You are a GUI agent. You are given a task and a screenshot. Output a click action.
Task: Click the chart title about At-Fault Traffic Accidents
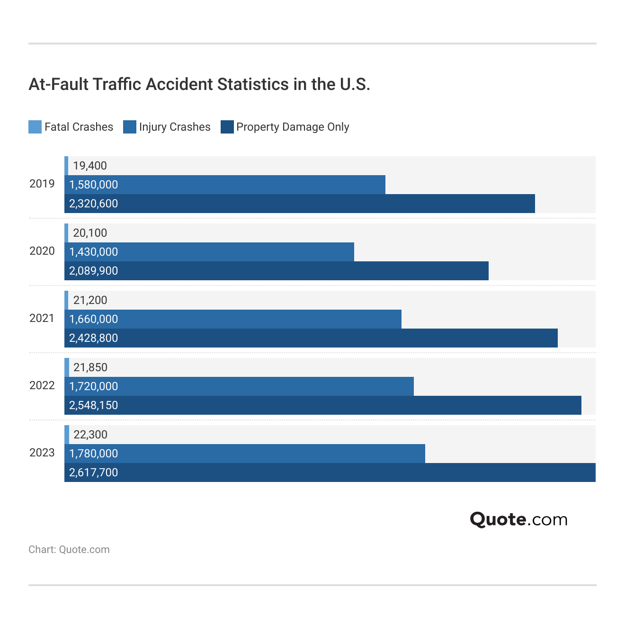click(199, 84)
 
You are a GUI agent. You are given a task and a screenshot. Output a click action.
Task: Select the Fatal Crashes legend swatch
click(35, 127)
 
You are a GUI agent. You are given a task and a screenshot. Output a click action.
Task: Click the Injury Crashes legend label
click(175, 127)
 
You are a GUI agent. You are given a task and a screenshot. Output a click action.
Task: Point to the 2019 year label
click(42, 184)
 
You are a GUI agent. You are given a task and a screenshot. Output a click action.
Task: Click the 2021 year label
click(42, 318)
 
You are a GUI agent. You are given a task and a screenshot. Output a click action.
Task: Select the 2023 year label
click(42, 453)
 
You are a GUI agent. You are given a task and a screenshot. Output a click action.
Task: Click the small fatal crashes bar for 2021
click(66, 300)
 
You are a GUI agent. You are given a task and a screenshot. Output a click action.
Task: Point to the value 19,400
click(90, 166)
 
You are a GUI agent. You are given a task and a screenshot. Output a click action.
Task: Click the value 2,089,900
click(94, 271)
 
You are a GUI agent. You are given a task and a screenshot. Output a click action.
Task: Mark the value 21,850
click(90, 367)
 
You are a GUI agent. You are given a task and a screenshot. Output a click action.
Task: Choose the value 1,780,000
click(94, 454)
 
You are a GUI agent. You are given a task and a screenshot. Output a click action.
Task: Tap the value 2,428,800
click(94, 338)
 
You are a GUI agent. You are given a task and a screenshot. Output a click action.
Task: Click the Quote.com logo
click(518, 519)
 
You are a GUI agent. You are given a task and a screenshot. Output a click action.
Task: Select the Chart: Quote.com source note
click(69, 550)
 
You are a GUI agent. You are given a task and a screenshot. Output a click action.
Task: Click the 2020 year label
click(42, 251)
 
